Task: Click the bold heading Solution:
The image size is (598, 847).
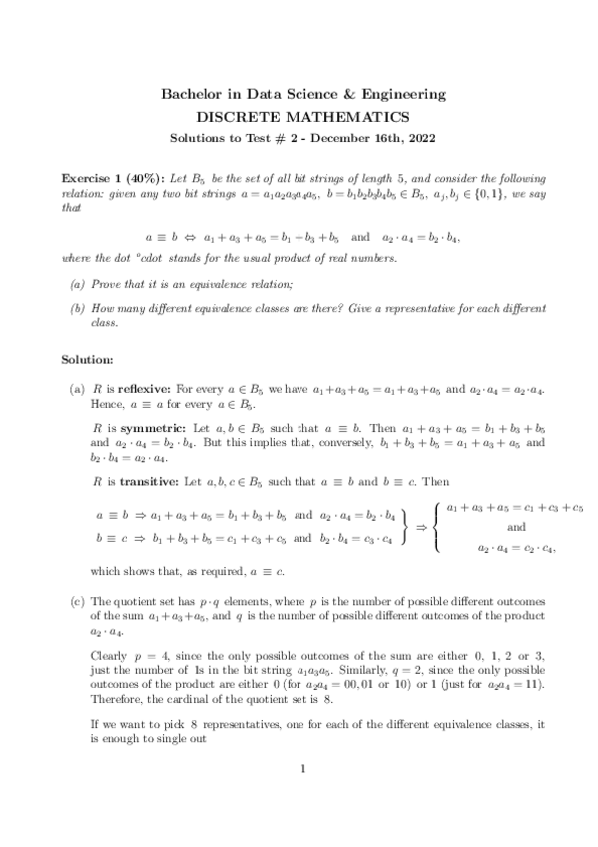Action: tap(89, 358)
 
